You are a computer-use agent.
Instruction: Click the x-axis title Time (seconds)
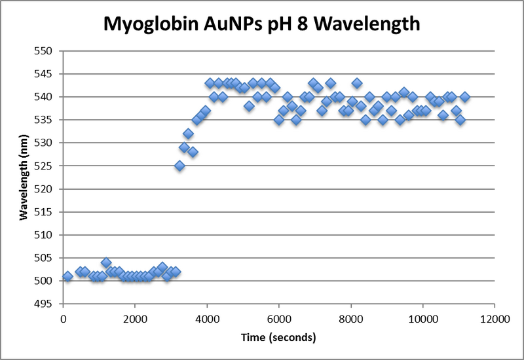[x=278, y=338]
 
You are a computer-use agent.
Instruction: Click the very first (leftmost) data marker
[x=67, y=276]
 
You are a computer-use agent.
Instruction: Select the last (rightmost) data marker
[x=465, y=97]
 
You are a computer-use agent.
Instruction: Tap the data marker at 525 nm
[x=179, y=166]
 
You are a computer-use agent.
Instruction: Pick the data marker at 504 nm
[x=106, y=262]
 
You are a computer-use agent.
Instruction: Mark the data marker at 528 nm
[x=193, y=152]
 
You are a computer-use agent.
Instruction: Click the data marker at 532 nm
[x=188, y=134]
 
